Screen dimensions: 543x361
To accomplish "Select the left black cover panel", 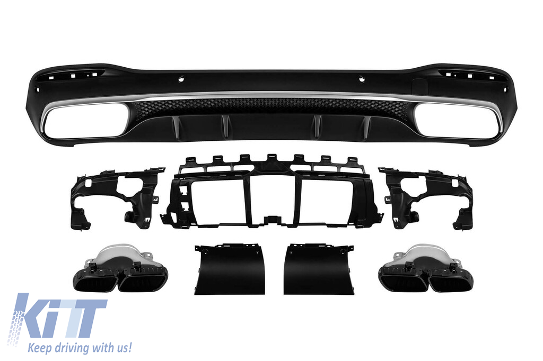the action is pyautogui.click(x=230, y=269).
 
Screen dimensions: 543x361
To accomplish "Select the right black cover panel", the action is pyautogui.click(x=319, y=269).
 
